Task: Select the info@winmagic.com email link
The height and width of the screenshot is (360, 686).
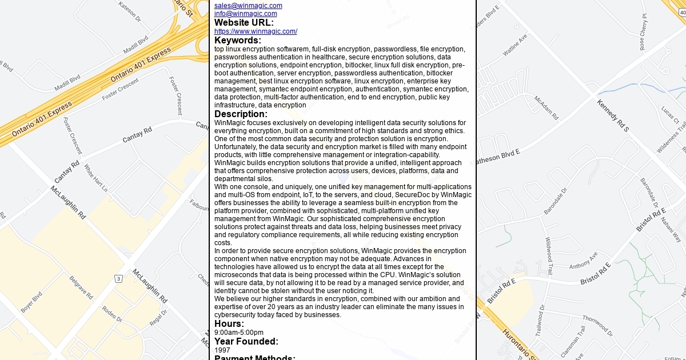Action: click(245, 14)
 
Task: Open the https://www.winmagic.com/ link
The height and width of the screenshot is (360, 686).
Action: click(256, 31)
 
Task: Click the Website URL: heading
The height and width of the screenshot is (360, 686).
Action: click(244, 22)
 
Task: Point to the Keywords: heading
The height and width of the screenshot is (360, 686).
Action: click(238, 40)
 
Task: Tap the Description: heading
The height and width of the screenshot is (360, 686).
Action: click(241, 114)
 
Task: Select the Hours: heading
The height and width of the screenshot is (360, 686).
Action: click(229, 324)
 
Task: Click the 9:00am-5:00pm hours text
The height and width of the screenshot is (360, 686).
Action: click(239, 333)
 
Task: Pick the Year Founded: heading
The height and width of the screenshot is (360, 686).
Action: click(246, 341)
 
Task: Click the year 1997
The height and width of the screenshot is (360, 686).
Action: click(222, 350)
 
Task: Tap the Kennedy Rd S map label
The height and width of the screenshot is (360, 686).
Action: click(613, 115)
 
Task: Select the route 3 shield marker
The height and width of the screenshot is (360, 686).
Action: click(118, 278)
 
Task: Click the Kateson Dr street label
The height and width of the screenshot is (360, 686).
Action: click(130, 11)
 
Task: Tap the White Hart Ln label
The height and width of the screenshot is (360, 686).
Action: click(96, 178)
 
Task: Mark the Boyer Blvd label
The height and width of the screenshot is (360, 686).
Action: click(31, 302)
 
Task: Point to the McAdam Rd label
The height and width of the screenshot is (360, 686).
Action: click(546, 107)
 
